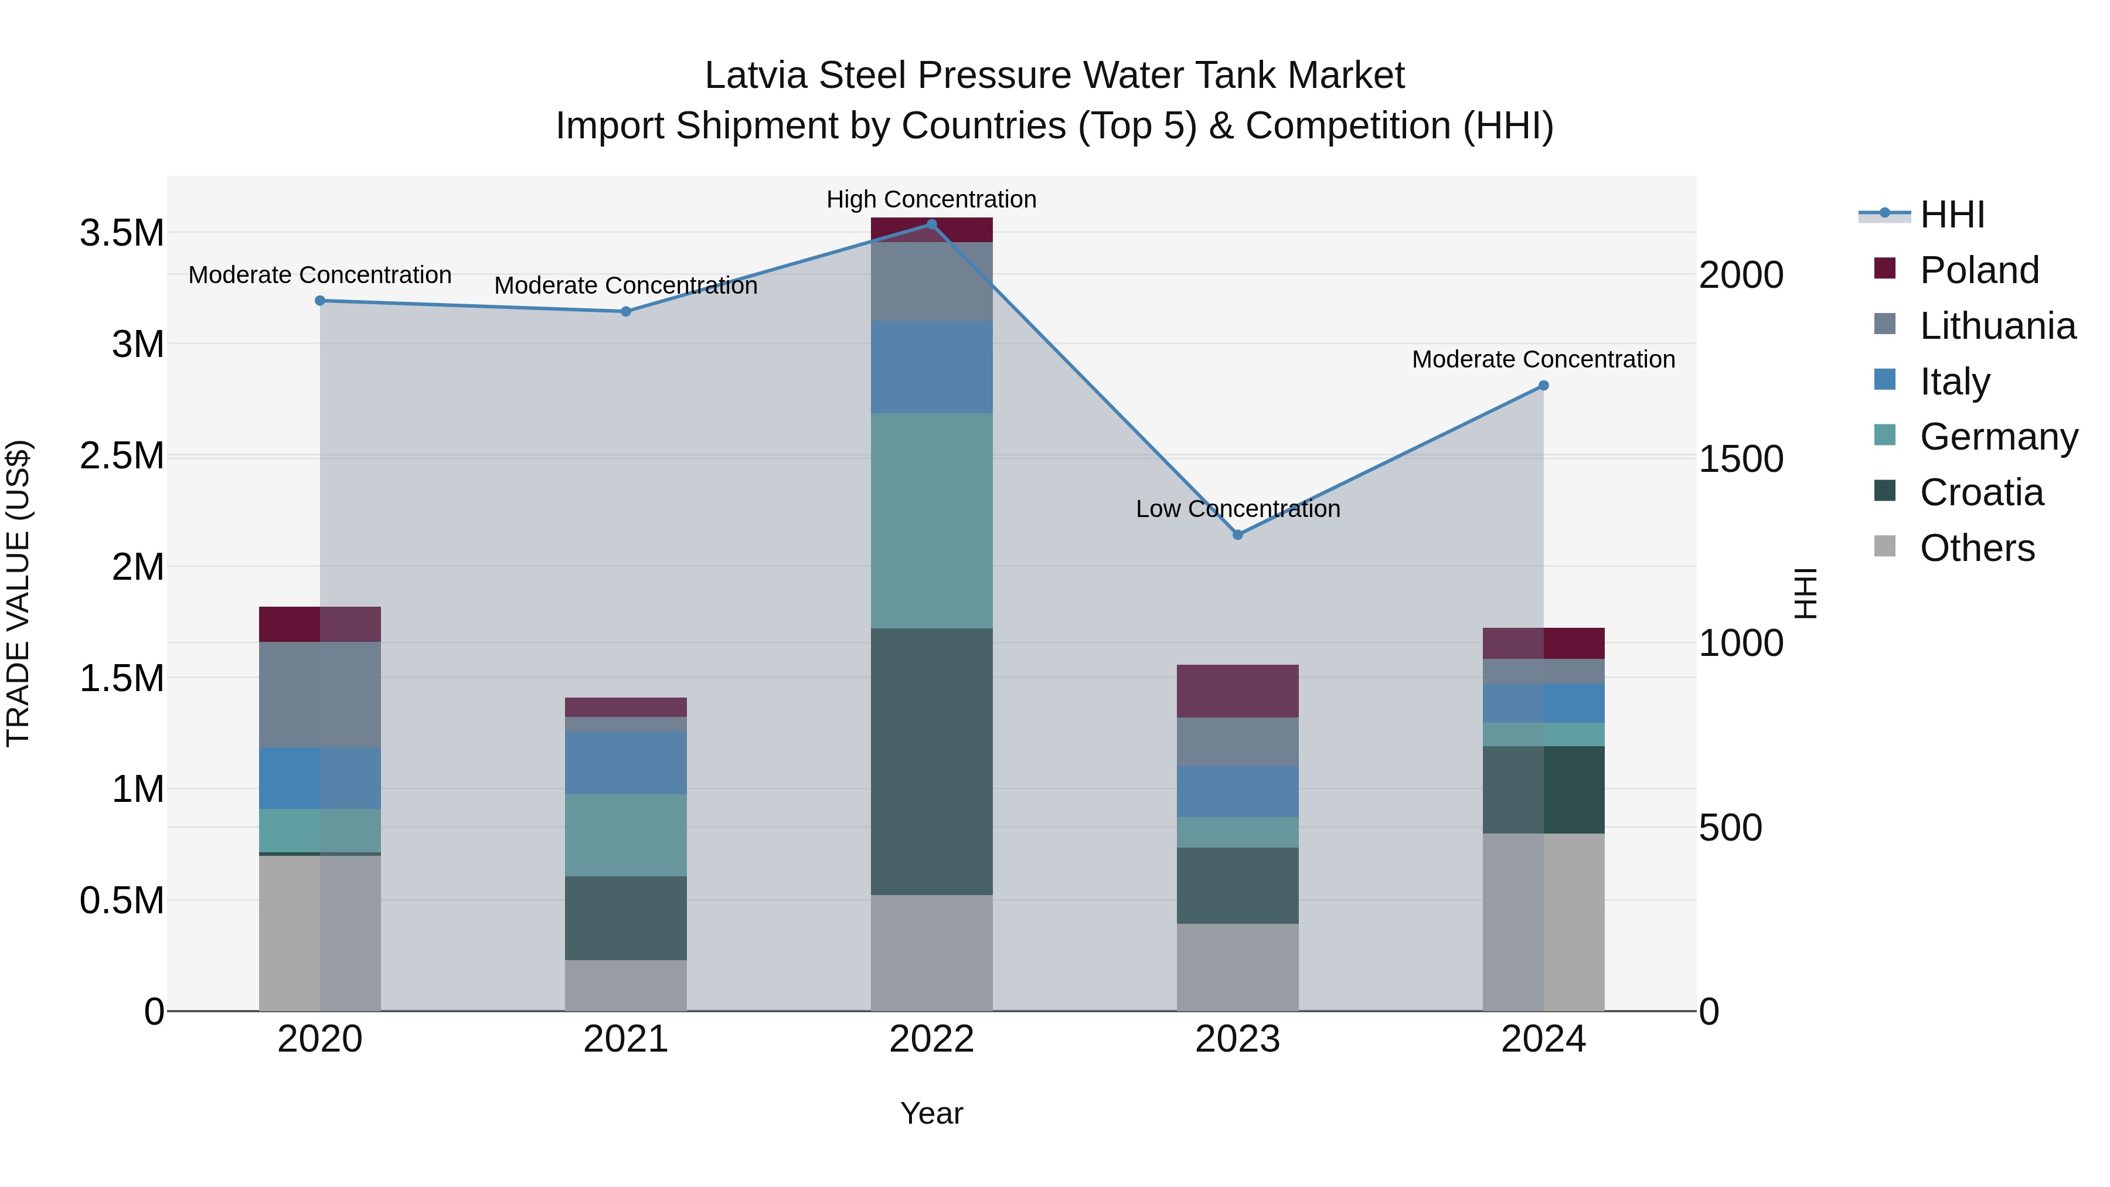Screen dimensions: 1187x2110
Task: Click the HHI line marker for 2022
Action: pos(931,225)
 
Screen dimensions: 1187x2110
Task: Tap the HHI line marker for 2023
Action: pos(1238,535)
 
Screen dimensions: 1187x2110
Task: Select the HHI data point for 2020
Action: pos(320,301)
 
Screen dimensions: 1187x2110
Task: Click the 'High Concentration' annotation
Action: pos(931,199)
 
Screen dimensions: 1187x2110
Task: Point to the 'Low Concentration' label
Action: pos(1238,509)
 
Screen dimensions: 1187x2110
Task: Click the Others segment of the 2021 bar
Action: pos(626,985)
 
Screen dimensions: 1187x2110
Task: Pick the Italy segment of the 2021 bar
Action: pos(626,763)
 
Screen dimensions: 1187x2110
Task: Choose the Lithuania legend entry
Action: pos(1997,326)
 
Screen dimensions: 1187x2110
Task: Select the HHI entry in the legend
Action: pos(1951,215)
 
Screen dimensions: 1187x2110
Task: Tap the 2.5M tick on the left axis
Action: pos(122,455)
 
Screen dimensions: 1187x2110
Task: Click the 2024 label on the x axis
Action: pos(1543,1039)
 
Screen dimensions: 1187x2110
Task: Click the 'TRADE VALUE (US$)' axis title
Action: pos(18,593)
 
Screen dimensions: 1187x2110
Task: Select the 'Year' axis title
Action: pos(931,1113)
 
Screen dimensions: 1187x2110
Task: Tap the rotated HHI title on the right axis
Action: pos(1805,593)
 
